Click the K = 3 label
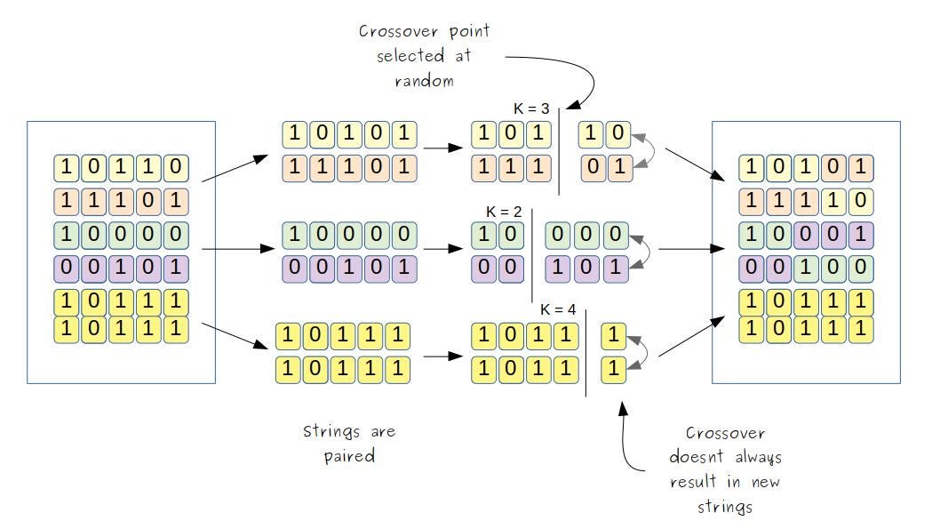point(531,108)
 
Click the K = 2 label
point(504,212)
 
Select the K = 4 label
point(558,310)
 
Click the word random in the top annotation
point(424,81)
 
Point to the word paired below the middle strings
point(349,456)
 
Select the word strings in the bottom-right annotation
point(725,507)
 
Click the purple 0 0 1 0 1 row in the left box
point(122,268)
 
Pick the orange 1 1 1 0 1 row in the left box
point(122,201)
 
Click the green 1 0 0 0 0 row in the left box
point(122,235)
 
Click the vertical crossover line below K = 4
point(586,356)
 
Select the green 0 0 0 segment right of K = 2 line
point(587,236)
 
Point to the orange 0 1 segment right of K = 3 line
point(607,167)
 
